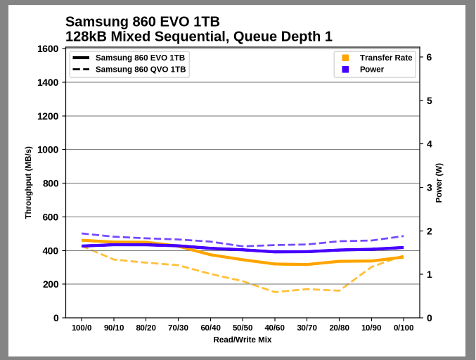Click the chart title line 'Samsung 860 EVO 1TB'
(142, 22)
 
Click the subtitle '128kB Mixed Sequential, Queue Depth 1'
(198, 37)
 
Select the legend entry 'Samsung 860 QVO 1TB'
(141, 70)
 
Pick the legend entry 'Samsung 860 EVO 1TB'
(140, 58)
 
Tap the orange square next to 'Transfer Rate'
(345, 58)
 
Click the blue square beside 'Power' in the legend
(345, 70)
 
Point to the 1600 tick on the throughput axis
(47, 49)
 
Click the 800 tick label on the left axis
(50, 184)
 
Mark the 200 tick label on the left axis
(50, 285)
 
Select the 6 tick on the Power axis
(429, 58)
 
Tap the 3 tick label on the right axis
(429, 188)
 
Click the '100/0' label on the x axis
(82, 328)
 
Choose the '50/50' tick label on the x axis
(243, 328)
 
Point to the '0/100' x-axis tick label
(403, 328)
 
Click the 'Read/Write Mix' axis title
(243, 340)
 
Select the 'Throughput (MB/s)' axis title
(28, 183)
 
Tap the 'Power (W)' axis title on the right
(439, 183)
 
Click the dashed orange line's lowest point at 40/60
(275, 292)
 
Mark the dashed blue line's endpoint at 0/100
(403, 236)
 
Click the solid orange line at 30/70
(307, 264)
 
